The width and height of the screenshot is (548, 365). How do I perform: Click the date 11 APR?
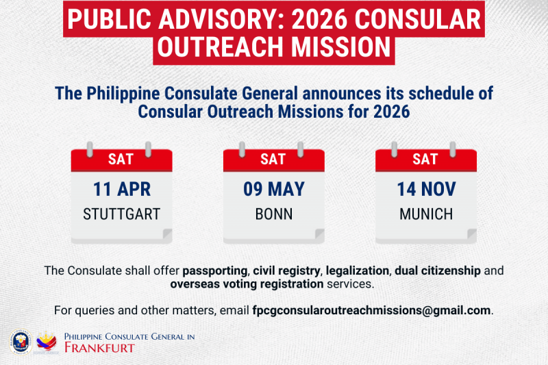[x=122, y=189]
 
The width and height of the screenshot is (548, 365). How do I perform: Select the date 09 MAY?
[x=273, y=189]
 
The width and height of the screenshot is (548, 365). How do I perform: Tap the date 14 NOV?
[x=425, y=189]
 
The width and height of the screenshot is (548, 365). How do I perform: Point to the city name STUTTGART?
[x=122, y=214]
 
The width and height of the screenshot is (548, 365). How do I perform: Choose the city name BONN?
[x=273, y=214]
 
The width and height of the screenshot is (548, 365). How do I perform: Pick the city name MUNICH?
[x=425, y=214]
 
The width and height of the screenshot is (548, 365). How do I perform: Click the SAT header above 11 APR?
[x=122, y=160]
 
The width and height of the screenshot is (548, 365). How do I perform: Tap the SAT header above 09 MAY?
[x=273, y=160]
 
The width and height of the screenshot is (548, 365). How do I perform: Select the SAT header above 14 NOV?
[x=425, y=160]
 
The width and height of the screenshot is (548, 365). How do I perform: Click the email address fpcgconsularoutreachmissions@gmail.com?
[x=372, y=310]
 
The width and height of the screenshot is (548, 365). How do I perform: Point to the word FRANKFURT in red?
[x=99, y=348]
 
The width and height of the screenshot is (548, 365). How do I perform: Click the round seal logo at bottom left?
[x=21, y=342]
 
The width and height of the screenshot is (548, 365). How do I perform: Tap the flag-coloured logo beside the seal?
[x=47, y=342]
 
